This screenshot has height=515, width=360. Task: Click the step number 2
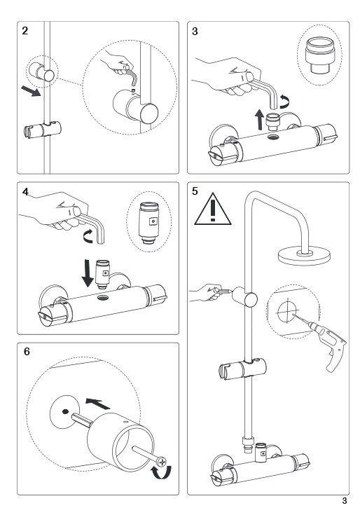[25, 31]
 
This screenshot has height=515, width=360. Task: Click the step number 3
[195, 32]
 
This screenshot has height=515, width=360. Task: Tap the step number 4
[26, 191]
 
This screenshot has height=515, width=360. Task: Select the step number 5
[195, 191]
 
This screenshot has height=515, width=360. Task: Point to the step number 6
[27, 352]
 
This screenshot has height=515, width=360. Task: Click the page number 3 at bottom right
[345, 500]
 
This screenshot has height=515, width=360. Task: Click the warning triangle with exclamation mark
[213, 210]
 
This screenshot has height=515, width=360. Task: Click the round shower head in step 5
[304, 256]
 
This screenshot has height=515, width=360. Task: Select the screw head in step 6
[162, 462]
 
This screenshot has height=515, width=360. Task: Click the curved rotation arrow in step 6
[162, 473]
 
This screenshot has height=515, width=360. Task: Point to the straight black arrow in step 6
[97, 404]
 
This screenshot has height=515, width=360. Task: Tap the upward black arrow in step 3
[260, 119]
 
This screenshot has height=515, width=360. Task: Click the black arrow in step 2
[31, 91]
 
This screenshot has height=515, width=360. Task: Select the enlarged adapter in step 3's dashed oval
[319, 55]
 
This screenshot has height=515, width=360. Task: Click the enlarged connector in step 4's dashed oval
[149, 222]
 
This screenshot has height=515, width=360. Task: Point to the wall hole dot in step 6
[65, 411]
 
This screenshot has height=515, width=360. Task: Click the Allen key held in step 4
[93, 226]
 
